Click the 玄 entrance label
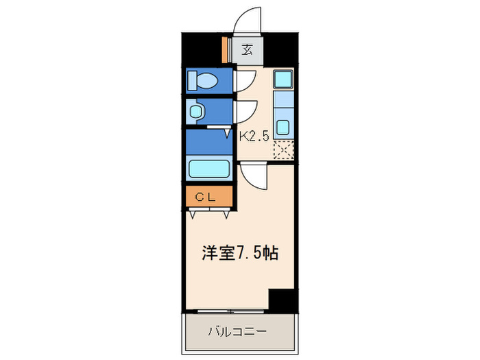tap(246, 49)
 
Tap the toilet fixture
tap(204, 82)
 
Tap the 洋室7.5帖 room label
tap(239, 253)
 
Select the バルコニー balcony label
tap(237, 332)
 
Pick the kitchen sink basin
tap(283, 127)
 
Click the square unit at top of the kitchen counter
tap(283, 79)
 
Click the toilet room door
tap(245, 80)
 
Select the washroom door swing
tap(245, 111)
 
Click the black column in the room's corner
tap(281, 300)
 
